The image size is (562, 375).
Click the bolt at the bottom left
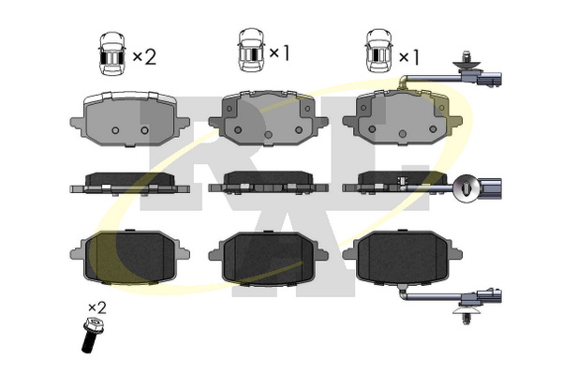[91, 335]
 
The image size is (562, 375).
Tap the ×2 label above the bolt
[97, 307]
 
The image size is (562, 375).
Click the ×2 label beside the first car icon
[144, 56]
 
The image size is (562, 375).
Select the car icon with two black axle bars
[112, 53]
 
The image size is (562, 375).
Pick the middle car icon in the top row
[251, 50]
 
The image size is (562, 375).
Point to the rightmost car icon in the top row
[378, 51]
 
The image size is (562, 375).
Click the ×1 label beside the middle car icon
[279, 53]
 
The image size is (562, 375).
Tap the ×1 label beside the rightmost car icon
[409, 57]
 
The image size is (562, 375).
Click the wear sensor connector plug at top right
[490, 80]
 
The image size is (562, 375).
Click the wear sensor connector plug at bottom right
[490, 297]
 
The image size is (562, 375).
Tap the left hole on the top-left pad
[115, 130]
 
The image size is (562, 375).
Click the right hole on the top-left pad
[144, 130]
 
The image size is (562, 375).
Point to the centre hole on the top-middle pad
[268, 135]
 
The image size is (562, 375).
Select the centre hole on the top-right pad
[403, 134]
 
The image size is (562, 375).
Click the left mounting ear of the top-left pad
[78, 123]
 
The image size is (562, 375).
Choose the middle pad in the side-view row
[268, 184]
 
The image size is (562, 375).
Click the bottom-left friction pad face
[129, 256]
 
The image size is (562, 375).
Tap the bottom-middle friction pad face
[269, 258]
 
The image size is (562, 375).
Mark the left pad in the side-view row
[130, 184]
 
